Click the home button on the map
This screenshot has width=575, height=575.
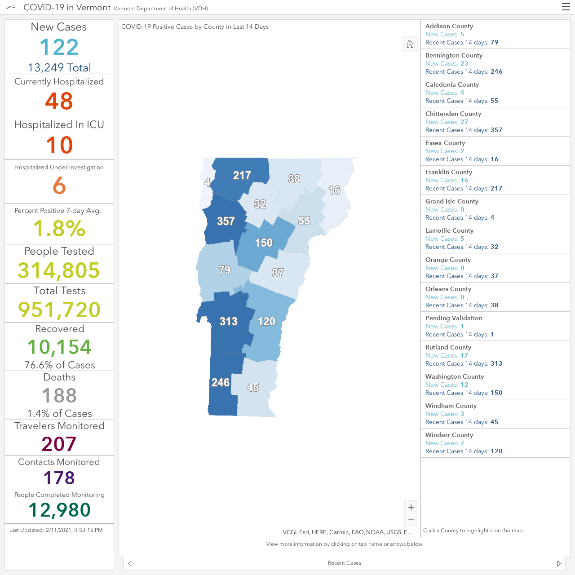tap(410, 44)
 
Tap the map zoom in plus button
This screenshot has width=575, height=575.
tap(411, 507)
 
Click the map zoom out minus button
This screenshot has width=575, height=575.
tap(411, 519)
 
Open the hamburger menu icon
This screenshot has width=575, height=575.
tap(566, 7)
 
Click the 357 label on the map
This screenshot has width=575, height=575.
tap(226, 221)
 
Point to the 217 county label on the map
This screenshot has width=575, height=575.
tap(242, 176)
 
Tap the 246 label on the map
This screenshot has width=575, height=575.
tap(221, 382)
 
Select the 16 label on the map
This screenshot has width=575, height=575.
tap(334, 190)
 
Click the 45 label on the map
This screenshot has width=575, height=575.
tap(253, 387)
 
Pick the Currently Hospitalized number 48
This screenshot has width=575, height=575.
tap(59, 101)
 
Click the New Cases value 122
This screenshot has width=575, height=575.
tap(59, 47)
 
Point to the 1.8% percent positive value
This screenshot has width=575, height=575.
tap(59, 229)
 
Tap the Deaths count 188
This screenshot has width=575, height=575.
tap(59, 395)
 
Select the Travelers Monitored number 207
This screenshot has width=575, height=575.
tap(59, 444)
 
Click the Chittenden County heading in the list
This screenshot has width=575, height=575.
tap(453, 114)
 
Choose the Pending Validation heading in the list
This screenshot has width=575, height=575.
tap(454, 318)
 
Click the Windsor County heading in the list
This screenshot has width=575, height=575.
tap(449, 435)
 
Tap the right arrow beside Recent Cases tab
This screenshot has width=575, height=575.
tap(559, 563)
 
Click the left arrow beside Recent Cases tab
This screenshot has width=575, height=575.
tap(130, 563)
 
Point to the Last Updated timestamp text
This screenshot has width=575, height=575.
tap(56, 530)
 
